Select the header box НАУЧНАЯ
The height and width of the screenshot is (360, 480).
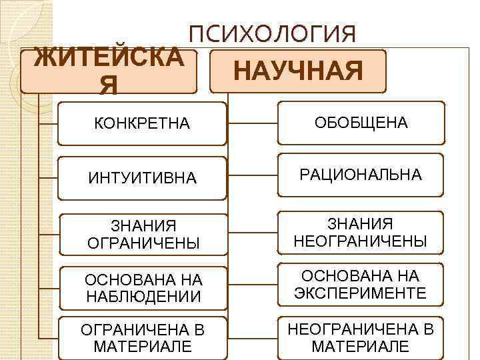[297, 71]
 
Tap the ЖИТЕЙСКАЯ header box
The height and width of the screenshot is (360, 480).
[109, 71]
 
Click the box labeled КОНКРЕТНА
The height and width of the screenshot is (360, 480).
[142, 123]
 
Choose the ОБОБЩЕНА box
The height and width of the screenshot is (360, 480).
[361, 123]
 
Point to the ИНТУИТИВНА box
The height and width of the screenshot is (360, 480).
[142, 178]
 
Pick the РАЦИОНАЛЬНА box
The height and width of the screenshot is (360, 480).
[361, 175]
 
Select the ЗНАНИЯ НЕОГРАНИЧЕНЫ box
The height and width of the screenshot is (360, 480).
[361, 232]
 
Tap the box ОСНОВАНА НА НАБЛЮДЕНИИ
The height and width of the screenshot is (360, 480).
[142, 287]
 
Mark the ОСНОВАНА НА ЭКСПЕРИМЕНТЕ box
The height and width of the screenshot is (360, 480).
[361, 285]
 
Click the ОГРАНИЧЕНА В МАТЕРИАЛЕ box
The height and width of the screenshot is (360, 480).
[142, 338]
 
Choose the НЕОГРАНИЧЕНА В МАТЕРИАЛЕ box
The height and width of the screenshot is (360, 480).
[361, 337]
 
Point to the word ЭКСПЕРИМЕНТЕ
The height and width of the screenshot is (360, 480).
[361, 293]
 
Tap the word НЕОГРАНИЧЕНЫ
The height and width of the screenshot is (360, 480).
[361, 241]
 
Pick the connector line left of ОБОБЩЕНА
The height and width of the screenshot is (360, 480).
[253, 123]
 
